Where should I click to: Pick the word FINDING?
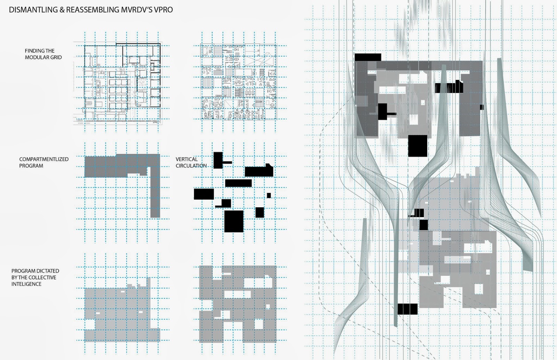[32, 51]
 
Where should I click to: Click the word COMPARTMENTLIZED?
[44, 159]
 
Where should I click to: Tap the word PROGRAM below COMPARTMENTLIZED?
[31, 166]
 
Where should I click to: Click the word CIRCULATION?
[191, 166]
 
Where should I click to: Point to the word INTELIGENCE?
[26, 284]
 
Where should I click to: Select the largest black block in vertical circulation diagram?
[234, 221]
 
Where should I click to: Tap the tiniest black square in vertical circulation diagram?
[269, 195]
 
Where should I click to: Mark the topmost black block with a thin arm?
[219, 160]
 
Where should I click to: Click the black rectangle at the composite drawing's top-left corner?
[368, 57]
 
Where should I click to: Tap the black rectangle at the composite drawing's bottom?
[407, 309]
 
